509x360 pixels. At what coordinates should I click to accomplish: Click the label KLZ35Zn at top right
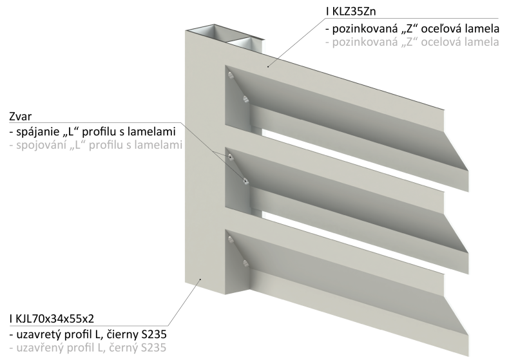pos(354,12)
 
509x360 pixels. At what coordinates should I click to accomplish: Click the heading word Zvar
pos(21,117)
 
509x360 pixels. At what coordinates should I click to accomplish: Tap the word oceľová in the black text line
pos(441,29)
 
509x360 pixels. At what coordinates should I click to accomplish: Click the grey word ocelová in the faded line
pos(441,42)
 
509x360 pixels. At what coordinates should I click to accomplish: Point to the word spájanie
pos(37,131)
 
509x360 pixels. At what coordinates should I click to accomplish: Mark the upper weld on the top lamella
pos(231,75)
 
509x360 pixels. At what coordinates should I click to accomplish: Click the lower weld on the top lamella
pos(245,99)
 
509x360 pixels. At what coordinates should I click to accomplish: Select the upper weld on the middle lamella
pos(231,157)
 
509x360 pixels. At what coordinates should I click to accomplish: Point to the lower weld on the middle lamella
pos(245,181)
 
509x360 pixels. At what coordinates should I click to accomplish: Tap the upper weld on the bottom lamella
pos(231,240)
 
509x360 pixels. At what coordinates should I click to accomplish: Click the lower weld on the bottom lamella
pos(245,263)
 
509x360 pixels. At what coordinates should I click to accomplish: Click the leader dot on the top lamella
pos(268,66)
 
